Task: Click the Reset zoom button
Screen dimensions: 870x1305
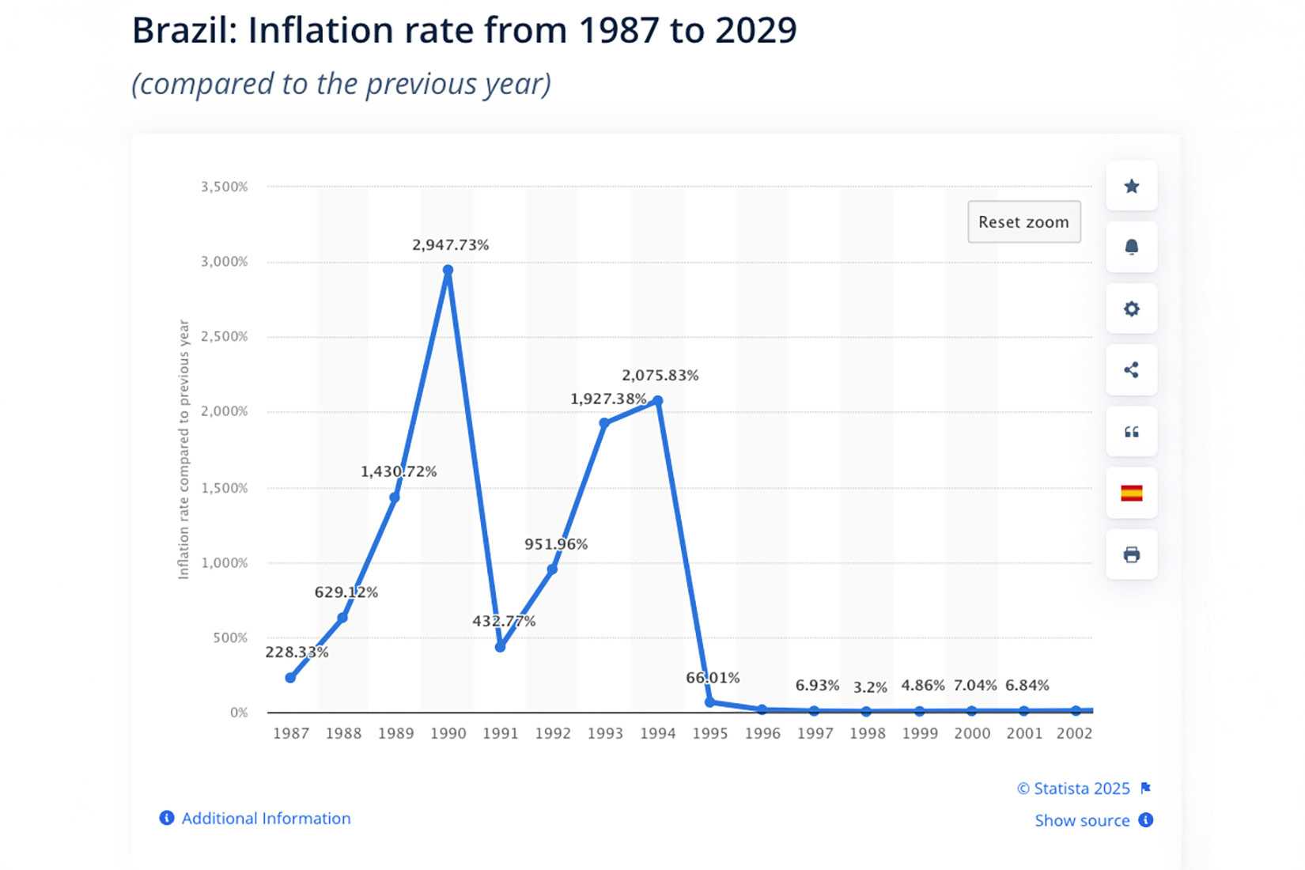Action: click(x=1023, y=222)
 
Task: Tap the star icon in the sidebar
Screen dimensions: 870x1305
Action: click(x=1132, y=187)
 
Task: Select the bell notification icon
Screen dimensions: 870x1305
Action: click(x=1132, y=248)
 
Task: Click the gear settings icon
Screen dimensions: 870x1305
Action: click(x=1132, y=308)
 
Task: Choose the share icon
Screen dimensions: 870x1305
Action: click(x=1132, y=370)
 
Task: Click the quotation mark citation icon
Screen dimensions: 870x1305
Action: click(x=1132, y=432)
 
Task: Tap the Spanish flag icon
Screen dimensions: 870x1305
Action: click(x=1132, y=494)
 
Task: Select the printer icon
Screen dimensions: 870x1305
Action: click(x=1132, y=554)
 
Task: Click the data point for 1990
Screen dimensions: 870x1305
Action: click(x=448, y=270)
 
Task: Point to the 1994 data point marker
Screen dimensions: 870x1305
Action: click(x=657, y=401)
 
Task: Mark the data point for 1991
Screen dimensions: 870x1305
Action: click(x=500, y=647)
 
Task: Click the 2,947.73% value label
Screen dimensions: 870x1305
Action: click(x=450, y=245)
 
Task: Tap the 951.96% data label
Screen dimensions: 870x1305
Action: click(x=556, y=544)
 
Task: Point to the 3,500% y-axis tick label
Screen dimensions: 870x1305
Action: click(x=224, y=187)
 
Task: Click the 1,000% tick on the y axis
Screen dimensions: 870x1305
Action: click(x=224, y=563)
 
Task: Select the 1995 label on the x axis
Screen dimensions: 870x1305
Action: click(x=709, y=733)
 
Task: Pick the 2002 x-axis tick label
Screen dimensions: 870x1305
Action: click(x=1074, y=733)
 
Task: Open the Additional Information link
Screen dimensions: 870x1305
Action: click(x=266, y=819)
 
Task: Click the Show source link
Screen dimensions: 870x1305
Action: click(x=1082, y=821)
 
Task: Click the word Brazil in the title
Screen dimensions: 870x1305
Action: click(x=184, y=32)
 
